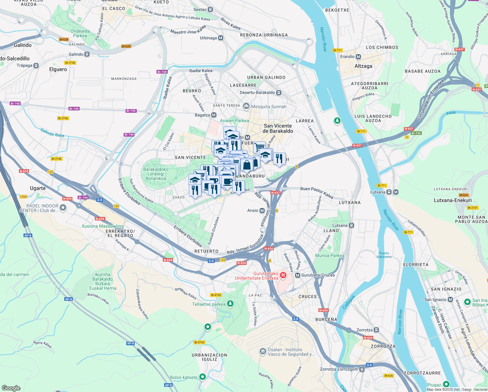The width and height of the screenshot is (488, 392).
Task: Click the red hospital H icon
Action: coord(283,275)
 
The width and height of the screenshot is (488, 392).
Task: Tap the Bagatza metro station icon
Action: coord(214,115)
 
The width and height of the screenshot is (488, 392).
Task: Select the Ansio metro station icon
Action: coord(262,211)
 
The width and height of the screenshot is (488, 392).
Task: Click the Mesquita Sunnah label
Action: coord(269,106)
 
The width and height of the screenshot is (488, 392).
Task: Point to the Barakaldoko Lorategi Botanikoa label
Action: coord(156,174)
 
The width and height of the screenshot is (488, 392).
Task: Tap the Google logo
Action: coord(11,388)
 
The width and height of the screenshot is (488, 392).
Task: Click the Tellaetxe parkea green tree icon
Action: coord(230,304)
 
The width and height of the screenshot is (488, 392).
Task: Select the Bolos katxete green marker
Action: coord(203,377)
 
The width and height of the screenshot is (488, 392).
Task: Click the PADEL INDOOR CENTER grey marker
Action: coord(63,208)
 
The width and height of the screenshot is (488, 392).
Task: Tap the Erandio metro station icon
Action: coord(358,57)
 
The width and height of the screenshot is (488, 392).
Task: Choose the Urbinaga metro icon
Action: coord(221,38)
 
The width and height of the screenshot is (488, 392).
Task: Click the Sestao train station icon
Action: coord(210,10)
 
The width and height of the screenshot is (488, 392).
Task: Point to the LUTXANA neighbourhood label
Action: coord(350,203)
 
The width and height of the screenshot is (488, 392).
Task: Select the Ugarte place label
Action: coord(38,188)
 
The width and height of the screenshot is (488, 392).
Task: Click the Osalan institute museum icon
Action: coord(263,352)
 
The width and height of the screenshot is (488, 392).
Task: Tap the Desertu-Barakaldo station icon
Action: coord(279,92)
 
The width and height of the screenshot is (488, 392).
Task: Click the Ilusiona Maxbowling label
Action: coord(103,226)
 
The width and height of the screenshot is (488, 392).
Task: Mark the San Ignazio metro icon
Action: coord(450,300)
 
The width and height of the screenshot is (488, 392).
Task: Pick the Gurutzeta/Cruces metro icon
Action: coord(297,275)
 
